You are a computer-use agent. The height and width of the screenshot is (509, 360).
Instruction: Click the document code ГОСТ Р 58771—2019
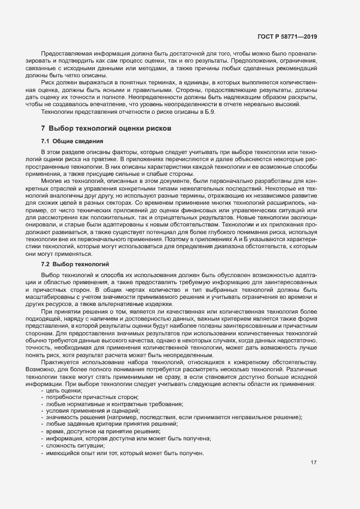(287, 36)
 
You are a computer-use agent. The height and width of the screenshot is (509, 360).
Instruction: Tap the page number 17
(313, 463)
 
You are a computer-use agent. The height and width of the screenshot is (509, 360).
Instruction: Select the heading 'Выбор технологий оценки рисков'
(110, 128)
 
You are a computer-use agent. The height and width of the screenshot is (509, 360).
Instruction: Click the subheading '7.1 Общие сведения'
(72, 142)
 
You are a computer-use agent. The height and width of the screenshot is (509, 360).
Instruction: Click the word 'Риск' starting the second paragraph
(48, 85)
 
